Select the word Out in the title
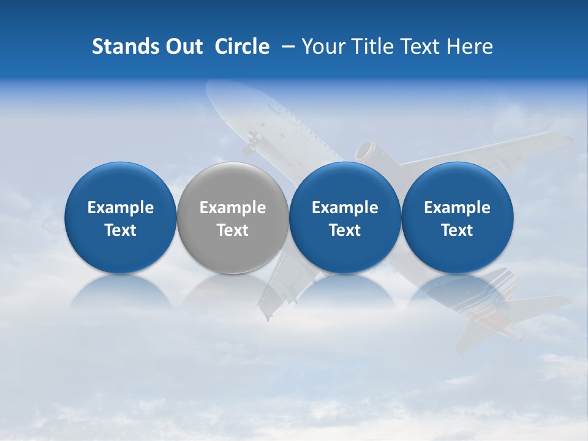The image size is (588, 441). click(182, 47)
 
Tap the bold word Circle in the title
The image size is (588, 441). click(242, 47)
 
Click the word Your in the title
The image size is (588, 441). click(322, 47)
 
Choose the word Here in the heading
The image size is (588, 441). click(471, 47)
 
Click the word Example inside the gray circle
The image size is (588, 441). click(232, 208)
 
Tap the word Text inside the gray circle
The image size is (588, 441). click(232, 230)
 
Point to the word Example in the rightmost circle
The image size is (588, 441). click(457, 208)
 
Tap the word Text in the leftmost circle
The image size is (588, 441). click(120, 230)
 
